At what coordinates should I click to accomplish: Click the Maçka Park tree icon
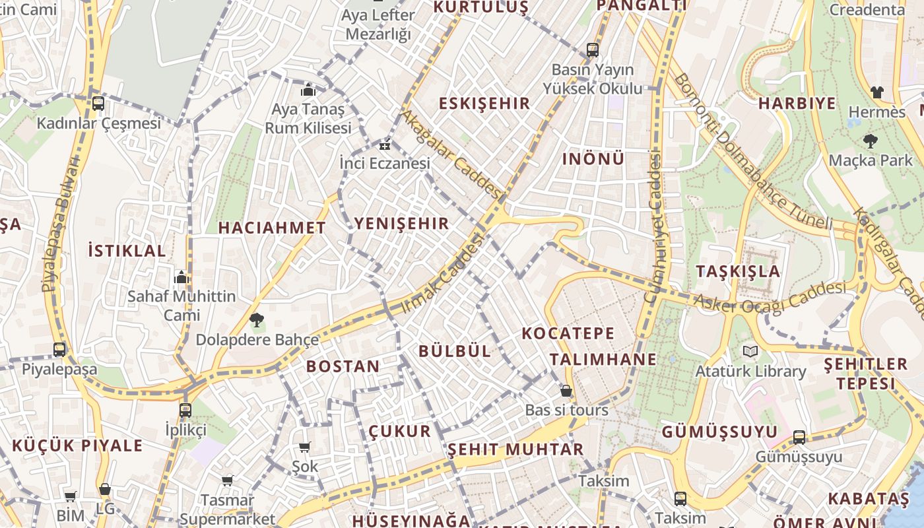(x=870, y=141)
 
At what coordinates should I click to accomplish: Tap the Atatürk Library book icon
(x=750, y=351)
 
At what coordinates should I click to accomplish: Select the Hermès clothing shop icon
(x=876, y=92)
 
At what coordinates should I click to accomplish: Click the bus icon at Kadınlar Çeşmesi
(x=98, y=103)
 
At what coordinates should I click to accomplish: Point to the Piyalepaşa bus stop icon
(x=59, y=349)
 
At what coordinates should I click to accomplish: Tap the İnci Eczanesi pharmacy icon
(x=384, y=145)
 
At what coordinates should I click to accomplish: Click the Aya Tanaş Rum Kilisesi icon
(x=308, y=90)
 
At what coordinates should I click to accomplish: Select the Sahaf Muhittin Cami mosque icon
(x=181, y=277)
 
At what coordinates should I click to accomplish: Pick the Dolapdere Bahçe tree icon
(x=257, y=321)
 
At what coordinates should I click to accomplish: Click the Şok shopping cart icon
(x=304, y=447)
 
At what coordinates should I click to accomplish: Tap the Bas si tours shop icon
(x=566, y=391)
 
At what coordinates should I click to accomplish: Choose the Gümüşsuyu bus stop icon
(x=799, y=437)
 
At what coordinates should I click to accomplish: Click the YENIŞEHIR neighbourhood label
(x=401, y=224)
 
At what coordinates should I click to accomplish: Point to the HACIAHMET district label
(x=272, y=228)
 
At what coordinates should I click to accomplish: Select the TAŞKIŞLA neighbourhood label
(x=738, y=271)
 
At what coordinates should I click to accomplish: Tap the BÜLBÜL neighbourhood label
(x=455, y=351)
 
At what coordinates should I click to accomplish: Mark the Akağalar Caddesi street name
(x=453, y=155)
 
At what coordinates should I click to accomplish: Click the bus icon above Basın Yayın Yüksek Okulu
(x=592, y=50)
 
